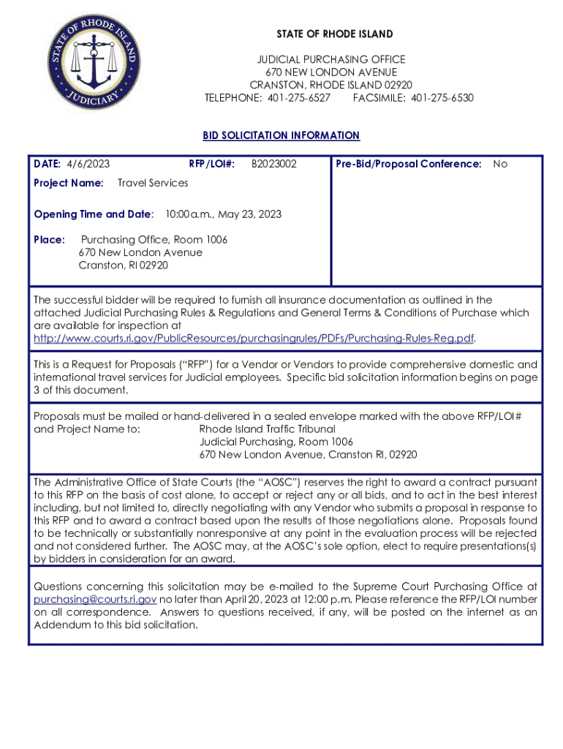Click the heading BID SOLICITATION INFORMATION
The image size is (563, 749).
[x=281, y=135]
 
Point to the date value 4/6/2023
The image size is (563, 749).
[x=88, y=164]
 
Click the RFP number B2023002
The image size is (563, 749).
[x=274, y=164]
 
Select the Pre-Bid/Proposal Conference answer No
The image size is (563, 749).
[x=500, y=164]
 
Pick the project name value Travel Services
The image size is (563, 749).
[x=153, y=183]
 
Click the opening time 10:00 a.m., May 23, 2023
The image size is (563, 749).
[x=223, y=214]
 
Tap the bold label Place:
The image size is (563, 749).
[x=50, y=240]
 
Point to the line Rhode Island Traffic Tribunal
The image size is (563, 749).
[x=267, y=429]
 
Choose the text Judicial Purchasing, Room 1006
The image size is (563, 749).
[x=276, y=442]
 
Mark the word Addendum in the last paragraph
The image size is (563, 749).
[x=62, y=625]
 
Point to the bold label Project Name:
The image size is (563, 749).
[x=69, y=183]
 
